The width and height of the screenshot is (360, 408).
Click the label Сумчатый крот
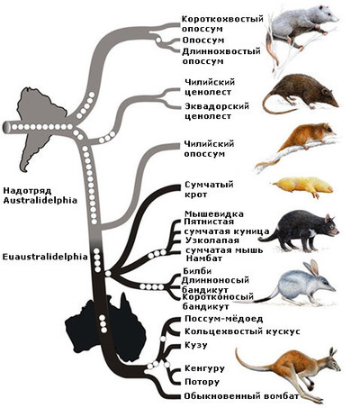pos(209,189)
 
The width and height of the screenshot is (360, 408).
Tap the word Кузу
pos(196,345)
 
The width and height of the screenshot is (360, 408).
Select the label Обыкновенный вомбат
pos(242,396)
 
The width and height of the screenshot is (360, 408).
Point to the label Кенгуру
pos(204,368)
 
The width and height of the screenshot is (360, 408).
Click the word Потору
pos(202,382)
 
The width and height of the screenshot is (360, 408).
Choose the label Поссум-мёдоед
pos(224,319)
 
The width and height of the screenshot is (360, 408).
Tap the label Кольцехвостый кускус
pos(242,331)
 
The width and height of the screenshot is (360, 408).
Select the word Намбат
pos(204,258)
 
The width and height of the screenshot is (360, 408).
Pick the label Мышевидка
pos(214,213)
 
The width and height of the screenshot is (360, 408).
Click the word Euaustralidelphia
pos(45,257)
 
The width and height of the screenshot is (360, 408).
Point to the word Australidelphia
pos(40,200)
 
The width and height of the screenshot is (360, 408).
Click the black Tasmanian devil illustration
pos(299,231)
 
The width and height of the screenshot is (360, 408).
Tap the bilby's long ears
pos(312,268)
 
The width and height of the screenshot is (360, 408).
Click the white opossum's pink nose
pos(337,20)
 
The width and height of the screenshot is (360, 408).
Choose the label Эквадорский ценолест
pos(217,111)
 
